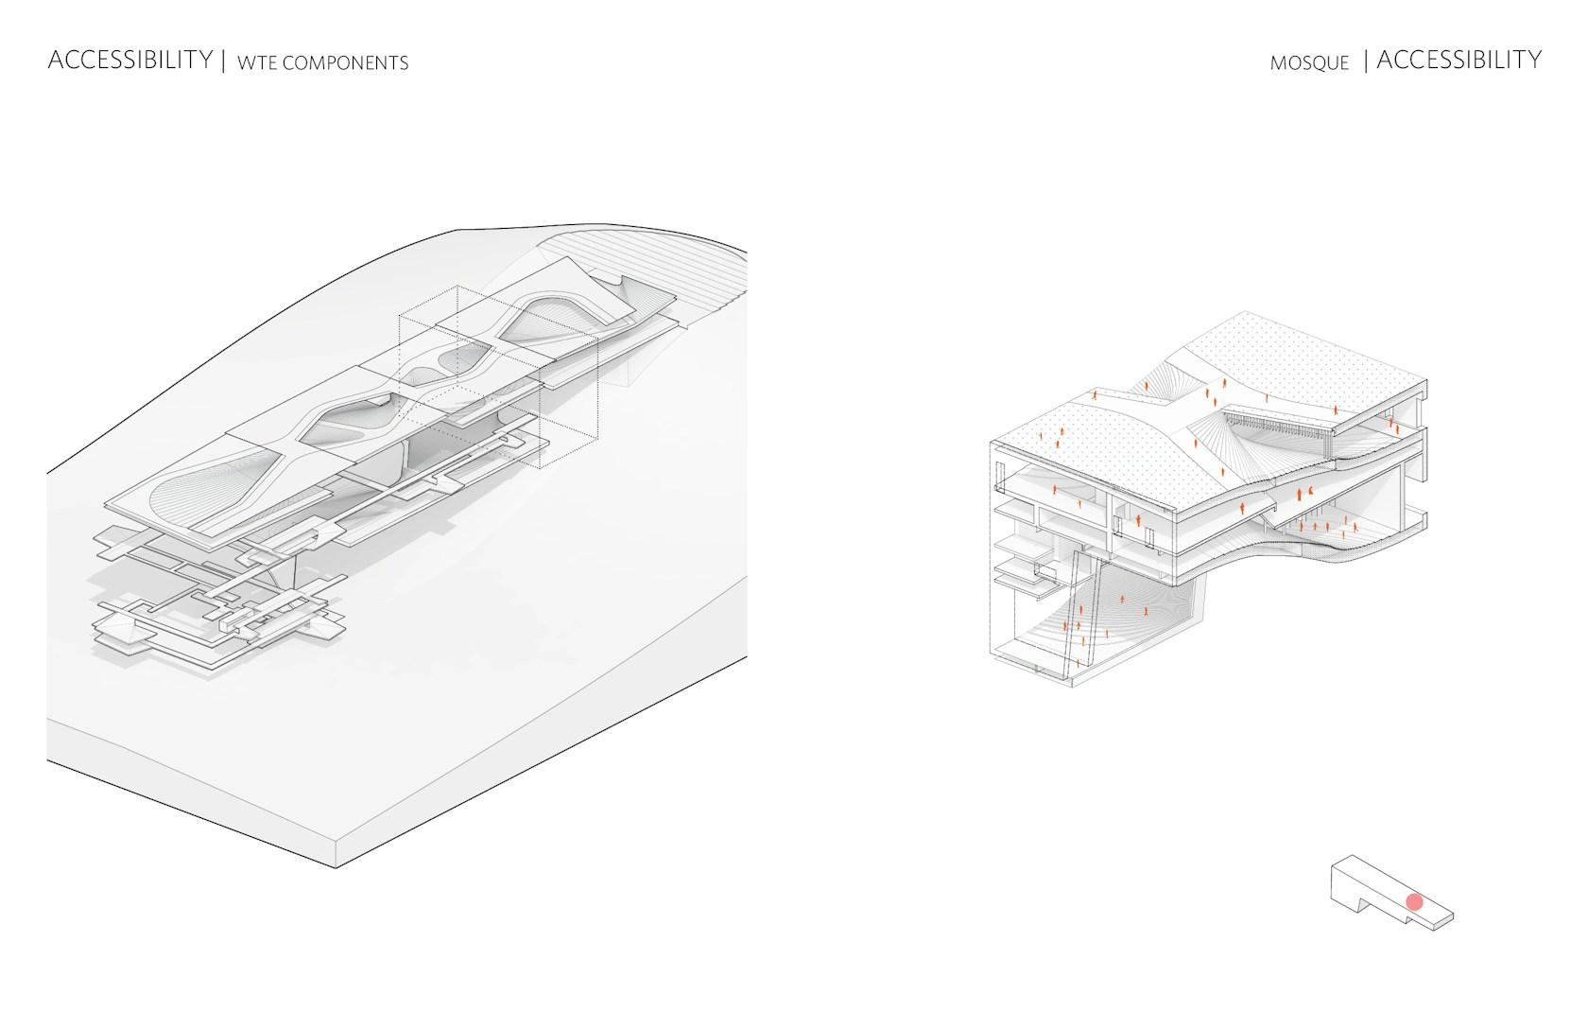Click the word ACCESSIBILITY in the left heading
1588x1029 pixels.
tap(130, 60)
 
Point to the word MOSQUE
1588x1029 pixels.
tap(1309, 63)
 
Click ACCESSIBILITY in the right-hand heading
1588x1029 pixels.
tap(1459, 60)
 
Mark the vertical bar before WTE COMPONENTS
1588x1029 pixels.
tap(224, 61)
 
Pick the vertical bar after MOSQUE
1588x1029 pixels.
tap(1366, 61)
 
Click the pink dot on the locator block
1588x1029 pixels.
tap(1414, 902)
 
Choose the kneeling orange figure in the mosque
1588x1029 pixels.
tap(1311, 491)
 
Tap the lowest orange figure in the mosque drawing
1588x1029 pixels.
tap(1079, 663)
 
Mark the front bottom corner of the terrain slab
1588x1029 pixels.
tap(336, 867)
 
